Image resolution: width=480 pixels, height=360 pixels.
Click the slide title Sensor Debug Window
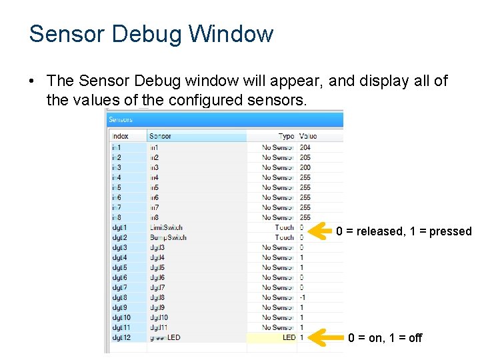(151, 33)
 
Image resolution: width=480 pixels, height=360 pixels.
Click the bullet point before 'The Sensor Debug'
(32, 81)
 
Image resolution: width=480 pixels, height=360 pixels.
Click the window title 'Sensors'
(121, 120)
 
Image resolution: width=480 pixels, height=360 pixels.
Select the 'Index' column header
(120, 136)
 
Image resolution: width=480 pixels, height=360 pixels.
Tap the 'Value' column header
(308, 136)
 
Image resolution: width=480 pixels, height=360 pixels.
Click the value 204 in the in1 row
(305, 147)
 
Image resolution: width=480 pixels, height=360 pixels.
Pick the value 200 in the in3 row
(305, 167)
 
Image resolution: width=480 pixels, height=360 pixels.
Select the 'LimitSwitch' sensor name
(166, 227)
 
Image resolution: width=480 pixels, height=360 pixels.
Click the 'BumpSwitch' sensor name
(168, 237)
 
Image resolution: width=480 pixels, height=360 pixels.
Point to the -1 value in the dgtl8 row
(303, 297)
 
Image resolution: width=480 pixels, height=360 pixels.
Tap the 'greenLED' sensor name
(165, 338)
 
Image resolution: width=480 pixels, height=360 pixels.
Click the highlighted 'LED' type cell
(288, 338)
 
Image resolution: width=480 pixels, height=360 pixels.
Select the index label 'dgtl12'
(121, 338)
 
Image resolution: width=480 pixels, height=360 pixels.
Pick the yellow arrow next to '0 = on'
(327, 338)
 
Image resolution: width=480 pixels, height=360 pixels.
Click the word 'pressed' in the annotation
(450, 232)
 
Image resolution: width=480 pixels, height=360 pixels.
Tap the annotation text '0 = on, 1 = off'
(385, 338)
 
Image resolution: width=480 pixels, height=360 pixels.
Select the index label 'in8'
(117, 217)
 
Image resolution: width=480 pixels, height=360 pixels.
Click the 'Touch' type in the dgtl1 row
(284, 227)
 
